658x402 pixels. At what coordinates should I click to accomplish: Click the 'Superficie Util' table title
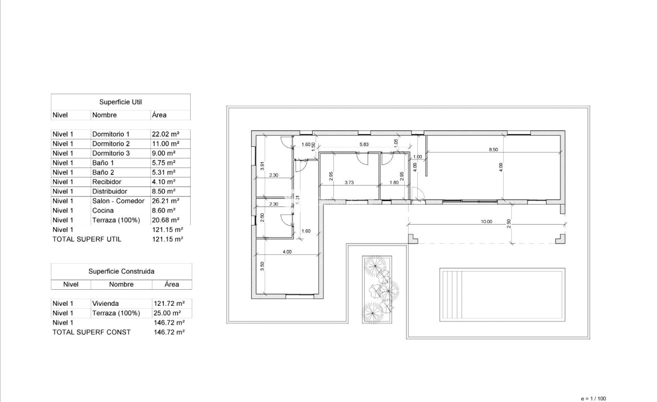pyautogui.click(x=121, y=102)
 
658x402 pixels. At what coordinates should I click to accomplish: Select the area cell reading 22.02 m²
pyautogui.click(x=165, y=134)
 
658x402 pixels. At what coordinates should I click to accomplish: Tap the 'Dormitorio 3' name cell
pyautogui.click(x=111, y=153)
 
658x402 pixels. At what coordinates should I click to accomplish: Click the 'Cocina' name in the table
pyautogui.click(x=103, y=211)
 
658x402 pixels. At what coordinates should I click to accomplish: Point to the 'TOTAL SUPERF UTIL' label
pyautogui.click(x=87, y=240)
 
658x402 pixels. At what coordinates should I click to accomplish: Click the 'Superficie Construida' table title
pyautogui.click(x=121, y=271)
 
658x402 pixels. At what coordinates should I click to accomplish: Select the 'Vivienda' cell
pyautogui.click(x=105, y=304)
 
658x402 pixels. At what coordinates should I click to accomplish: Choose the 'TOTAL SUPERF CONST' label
pyautogui.click(x=91, y=332)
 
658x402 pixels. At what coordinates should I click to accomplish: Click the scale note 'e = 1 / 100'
pyautogui.click(x=593, y=398)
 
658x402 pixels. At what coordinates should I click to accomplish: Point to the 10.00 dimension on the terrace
pyautogui.click(x=486, y=221)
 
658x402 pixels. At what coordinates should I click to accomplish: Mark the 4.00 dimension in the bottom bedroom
pyautogui.click(x=287, y=252)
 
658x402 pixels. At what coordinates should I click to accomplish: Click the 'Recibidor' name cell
pyautogui.click(x=107, y=182)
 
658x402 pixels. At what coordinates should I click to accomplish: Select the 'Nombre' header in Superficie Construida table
pyautogui.click(x=121, y=285)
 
